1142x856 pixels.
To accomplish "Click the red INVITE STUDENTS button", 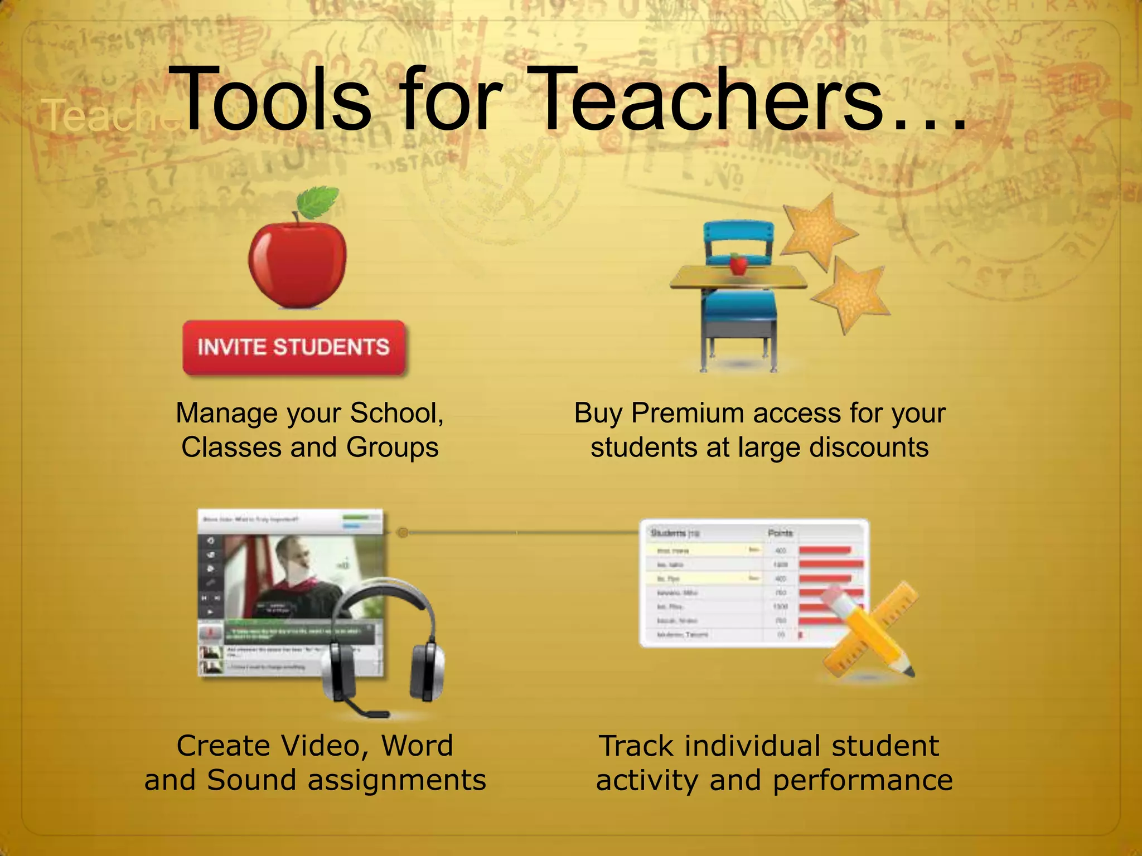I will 294,347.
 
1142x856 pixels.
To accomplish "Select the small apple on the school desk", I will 738,264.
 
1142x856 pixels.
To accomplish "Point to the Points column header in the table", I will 780,533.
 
